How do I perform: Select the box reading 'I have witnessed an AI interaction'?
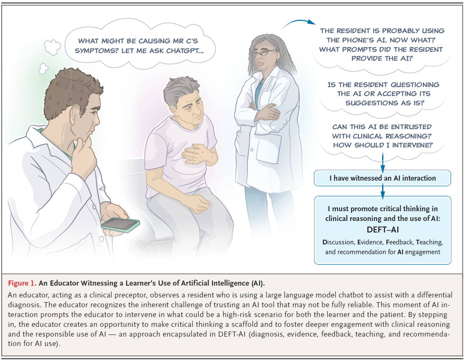(x=382, y=178)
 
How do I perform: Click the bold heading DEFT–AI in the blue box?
(x=382, y=230)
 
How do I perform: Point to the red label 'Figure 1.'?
(x=21, y=283)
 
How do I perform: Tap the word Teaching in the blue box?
(x=429, y=242)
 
